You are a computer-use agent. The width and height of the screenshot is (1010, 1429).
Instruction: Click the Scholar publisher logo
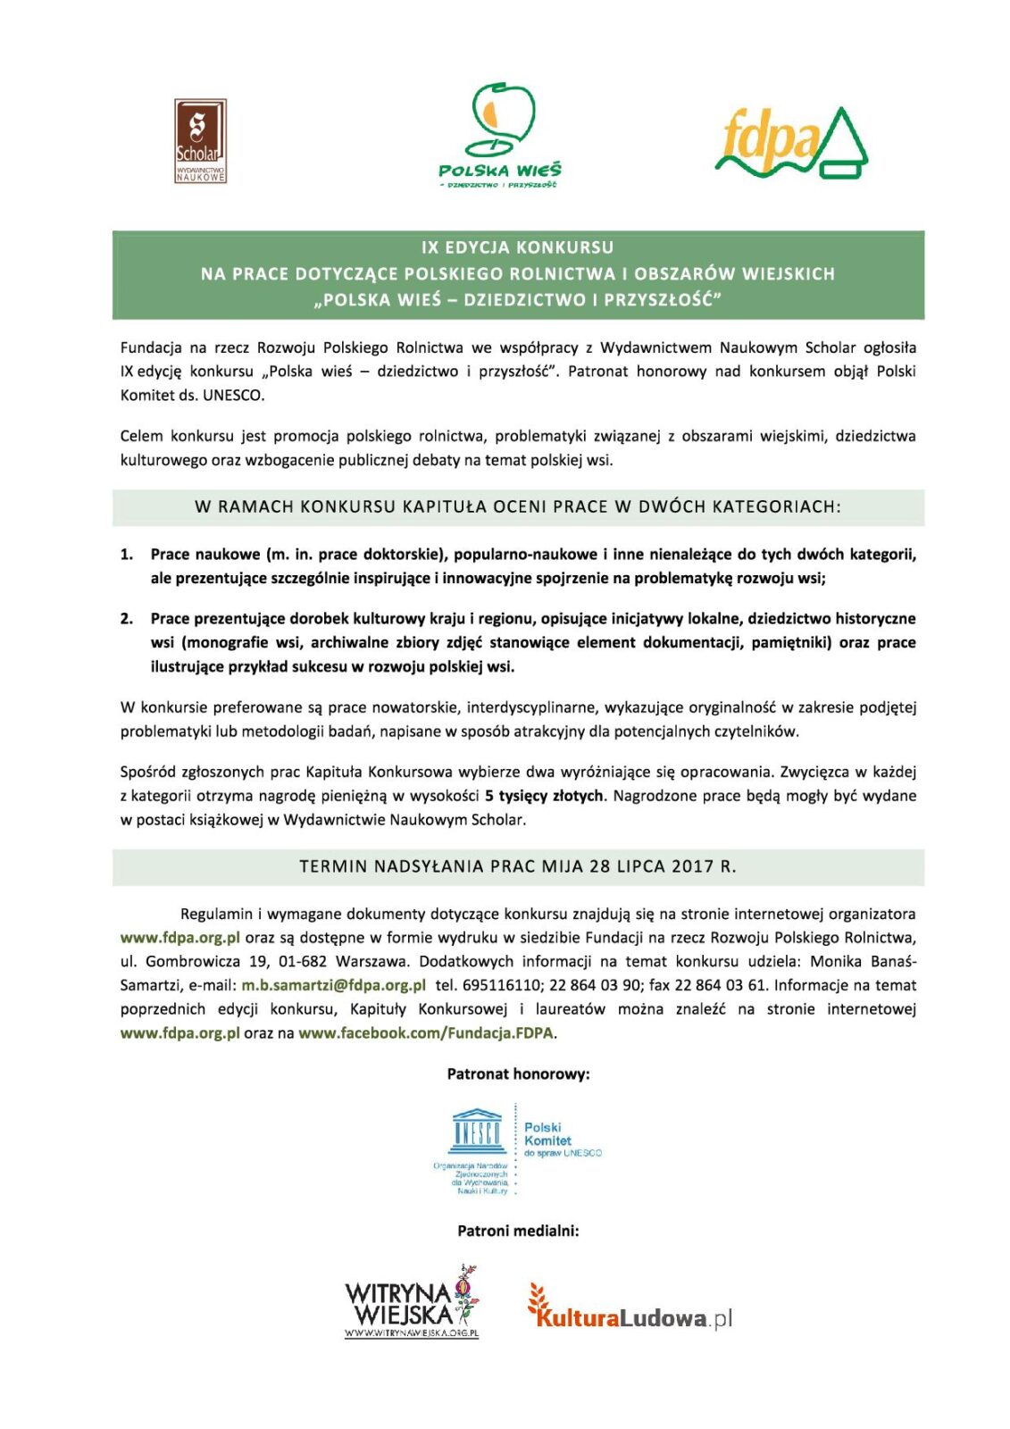click(x=200, y=141)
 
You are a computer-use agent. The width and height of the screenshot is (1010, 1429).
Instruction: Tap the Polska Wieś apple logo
click(x=500, y=134)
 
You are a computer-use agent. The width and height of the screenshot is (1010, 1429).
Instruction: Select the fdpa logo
click(x=791, y=143)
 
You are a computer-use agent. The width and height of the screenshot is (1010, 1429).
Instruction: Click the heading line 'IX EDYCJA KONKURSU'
click(x=518, y=247)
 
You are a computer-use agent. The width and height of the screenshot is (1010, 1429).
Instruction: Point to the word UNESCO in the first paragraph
click(x=234, y=395)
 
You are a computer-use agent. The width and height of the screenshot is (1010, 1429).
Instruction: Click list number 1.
click(x=127, y=555)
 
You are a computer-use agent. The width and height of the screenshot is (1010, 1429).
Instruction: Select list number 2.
click(x=127, y=619)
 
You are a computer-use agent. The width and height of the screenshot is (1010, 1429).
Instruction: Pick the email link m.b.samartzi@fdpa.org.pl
click(x=333, y=985)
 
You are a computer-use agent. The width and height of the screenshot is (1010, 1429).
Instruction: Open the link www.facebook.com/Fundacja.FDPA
click(x=426, y=1033)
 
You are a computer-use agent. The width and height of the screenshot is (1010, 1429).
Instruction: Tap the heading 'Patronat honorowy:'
click(x=518, y=1074)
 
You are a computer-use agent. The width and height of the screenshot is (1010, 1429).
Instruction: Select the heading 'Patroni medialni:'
click(x=518, y=1231)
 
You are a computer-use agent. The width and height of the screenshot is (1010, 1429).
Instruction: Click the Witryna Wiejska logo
click(x=413, y=1302)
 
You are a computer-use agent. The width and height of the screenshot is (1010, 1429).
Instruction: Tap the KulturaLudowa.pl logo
click(x=630, y=1315)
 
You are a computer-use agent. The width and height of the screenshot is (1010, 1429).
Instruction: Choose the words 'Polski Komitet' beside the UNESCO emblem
click(x=547, y=1134)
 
